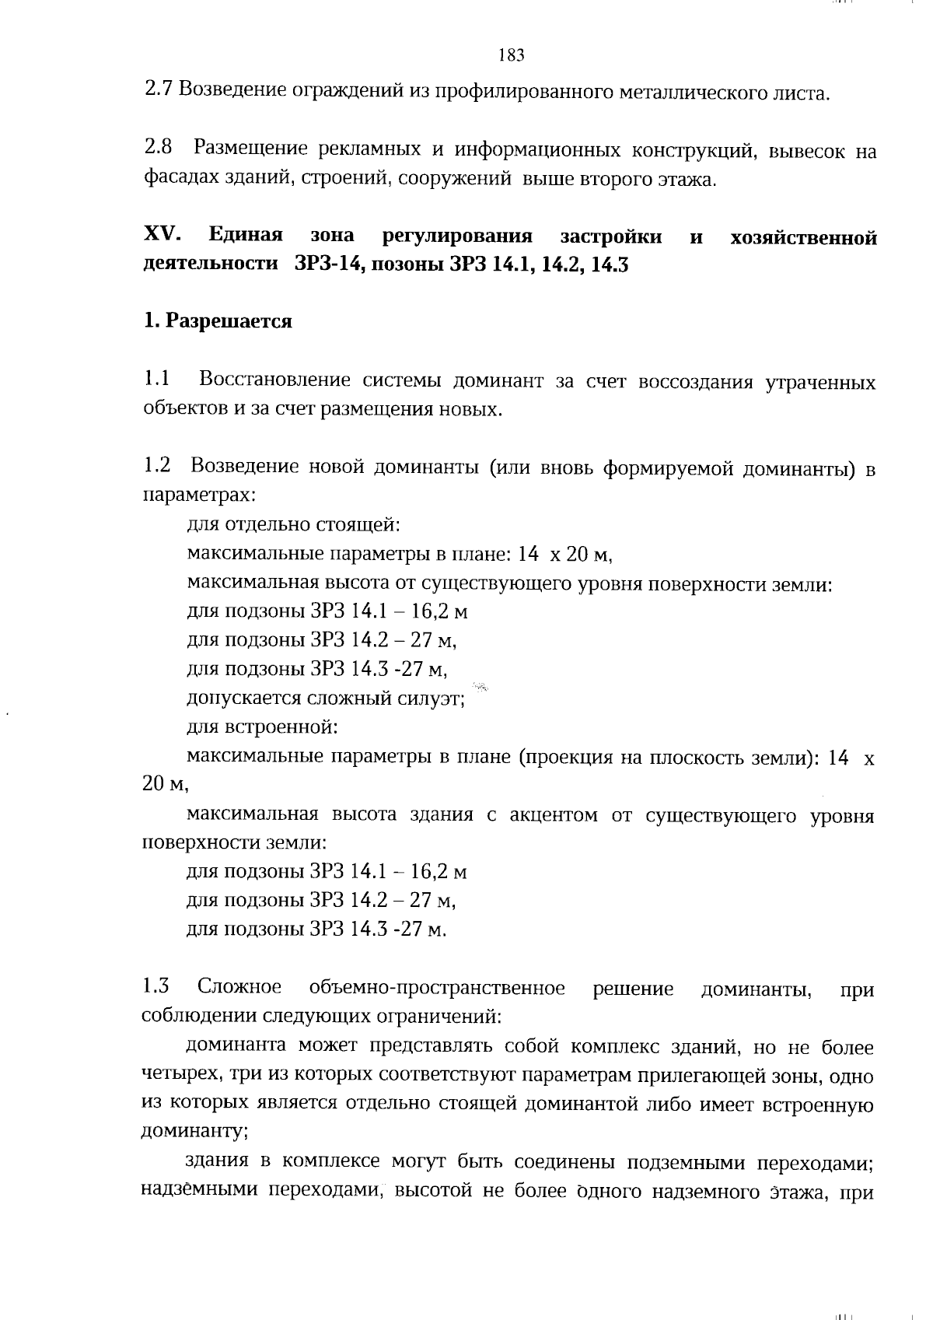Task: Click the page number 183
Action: [x=511, y=55]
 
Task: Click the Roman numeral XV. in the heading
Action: [x=163, y=234]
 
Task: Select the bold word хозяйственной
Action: [x=803, y=236]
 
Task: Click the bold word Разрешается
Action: [x=228, y=321]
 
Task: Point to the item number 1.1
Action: [x=157, y=380]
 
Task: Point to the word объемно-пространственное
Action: [x=437, y=989]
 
